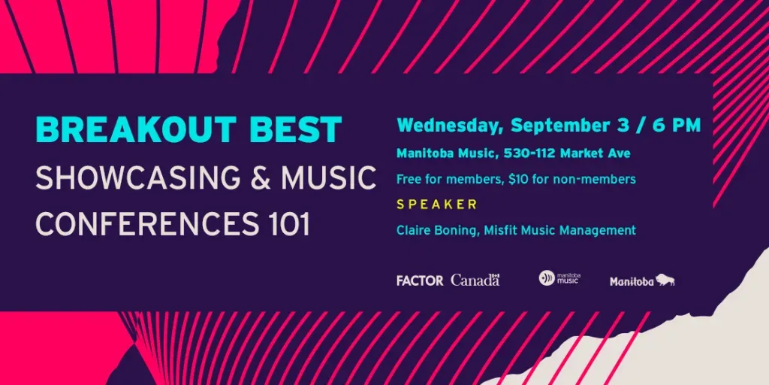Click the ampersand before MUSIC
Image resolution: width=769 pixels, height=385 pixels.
point(261,177)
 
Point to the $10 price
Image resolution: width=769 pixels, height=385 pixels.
point(517,179)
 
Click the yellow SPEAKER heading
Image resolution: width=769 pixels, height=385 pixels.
point(437,205)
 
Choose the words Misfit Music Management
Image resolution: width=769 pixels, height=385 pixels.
point(559,230)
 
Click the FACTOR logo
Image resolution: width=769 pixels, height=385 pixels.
point(420,280)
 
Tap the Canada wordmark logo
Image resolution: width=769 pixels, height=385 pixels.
point(475,280)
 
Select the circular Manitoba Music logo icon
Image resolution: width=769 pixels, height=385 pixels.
point(547,278)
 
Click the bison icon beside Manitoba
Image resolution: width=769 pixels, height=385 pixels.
point(665,280)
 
